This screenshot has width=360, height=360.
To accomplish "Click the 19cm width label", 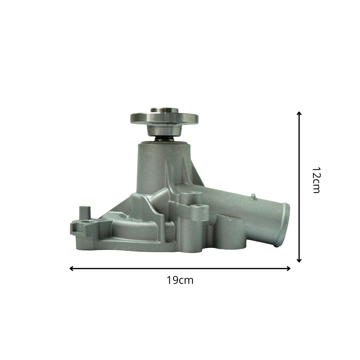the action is point(180,280).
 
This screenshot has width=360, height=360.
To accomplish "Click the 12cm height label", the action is point(316,180).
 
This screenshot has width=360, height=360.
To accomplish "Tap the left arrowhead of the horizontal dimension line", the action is point(71,268).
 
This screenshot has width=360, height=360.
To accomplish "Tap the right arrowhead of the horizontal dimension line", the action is point(289,268).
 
